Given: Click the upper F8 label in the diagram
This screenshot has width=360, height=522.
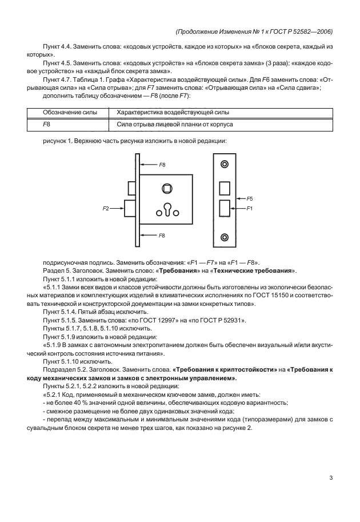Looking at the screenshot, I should coord(162,165).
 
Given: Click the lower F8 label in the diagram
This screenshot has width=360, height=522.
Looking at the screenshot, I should coord(162,235).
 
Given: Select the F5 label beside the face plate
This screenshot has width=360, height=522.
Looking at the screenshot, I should coord(250,198).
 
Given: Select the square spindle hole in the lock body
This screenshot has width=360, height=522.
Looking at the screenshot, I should coord(168,188).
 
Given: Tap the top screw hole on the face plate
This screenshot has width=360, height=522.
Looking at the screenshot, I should coord(225,165).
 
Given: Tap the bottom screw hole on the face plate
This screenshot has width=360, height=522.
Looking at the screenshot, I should coord(225,236).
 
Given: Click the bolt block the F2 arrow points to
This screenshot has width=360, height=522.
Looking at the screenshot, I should coord(130,209).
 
